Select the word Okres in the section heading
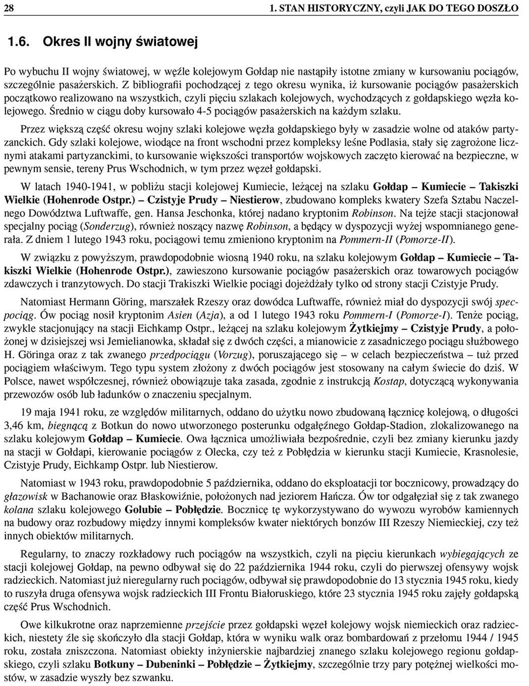(60, 41)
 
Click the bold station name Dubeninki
(167, 664)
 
